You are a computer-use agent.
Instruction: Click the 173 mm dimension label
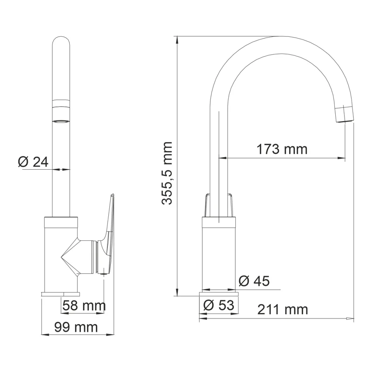coord(282,149)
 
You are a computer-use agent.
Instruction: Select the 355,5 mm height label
coord(167,173)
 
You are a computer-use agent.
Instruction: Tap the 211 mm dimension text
coord(282,309)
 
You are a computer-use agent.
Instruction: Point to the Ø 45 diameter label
coord(253,281)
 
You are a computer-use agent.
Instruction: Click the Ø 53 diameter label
coord(219,306)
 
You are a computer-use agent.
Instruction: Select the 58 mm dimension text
coord(84,306)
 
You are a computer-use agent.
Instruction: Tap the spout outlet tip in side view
coord(345,114)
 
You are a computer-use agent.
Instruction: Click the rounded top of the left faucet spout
coord(61,46)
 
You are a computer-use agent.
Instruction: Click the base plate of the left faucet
coord(61,293)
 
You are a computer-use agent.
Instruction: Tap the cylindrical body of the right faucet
coord(219,256)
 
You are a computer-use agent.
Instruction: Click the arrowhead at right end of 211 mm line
coord(349,319)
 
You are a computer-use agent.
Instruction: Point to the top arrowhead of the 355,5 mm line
coord(178,40)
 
